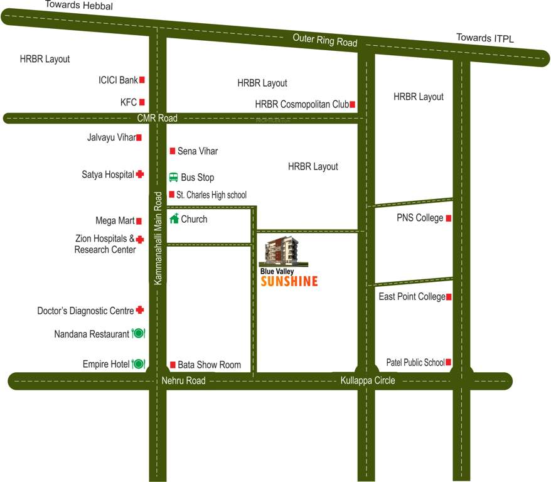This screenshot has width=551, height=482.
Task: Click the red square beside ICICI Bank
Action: pos(142,80)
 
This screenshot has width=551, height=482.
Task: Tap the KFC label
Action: pos(128,102)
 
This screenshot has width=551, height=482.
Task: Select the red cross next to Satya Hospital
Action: pos(140,174)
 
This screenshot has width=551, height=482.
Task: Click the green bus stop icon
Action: pos(173,178)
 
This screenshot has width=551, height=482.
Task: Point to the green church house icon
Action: pos(174,218)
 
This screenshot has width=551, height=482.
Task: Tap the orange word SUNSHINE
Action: pos(289,281)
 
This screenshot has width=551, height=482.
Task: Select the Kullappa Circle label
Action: pos(368,380)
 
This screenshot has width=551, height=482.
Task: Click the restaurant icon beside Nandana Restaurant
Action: pos(139,334)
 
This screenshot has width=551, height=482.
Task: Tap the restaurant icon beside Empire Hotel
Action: pos(139,364)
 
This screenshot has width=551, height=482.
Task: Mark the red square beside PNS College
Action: pos(449,218)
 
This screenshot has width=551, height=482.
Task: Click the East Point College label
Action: pos(412,296)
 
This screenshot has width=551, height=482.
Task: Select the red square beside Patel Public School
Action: pos(448,362)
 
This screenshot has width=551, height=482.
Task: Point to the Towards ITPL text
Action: pos(484,38)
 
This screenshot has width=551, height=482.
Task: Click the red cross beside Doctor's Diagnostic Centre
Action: pos(140,310)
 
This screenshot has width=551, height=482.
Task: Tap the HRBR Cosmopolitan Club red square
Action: pos(353,104)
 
